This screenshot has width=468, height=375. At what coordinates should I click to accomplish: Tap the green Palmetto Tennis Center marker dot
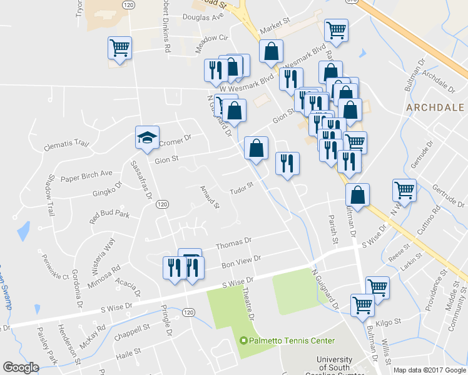[x=244, y=341]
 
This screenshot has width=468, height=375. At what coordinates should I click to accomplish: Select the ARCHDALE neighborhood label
[x=435, y=107]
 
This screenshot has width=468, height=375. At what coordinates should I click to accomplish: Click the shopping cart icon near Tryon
[x=119, y=47]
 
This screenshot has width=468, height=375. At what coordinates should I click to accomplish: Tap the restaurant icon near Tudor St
[x=287, y=164]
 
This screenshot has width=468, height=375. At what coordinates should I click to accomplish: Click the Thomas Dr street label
[x=233, y=241]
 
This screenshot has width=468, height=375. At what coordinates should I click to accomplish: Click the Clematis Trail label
[x=66, y=145]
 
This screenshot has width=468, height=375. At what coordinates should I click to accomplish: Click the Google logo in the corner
[x=21, y=367]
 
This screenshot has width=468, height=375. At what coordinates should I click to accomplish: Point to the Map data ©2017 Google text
[x=429, y=370]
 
